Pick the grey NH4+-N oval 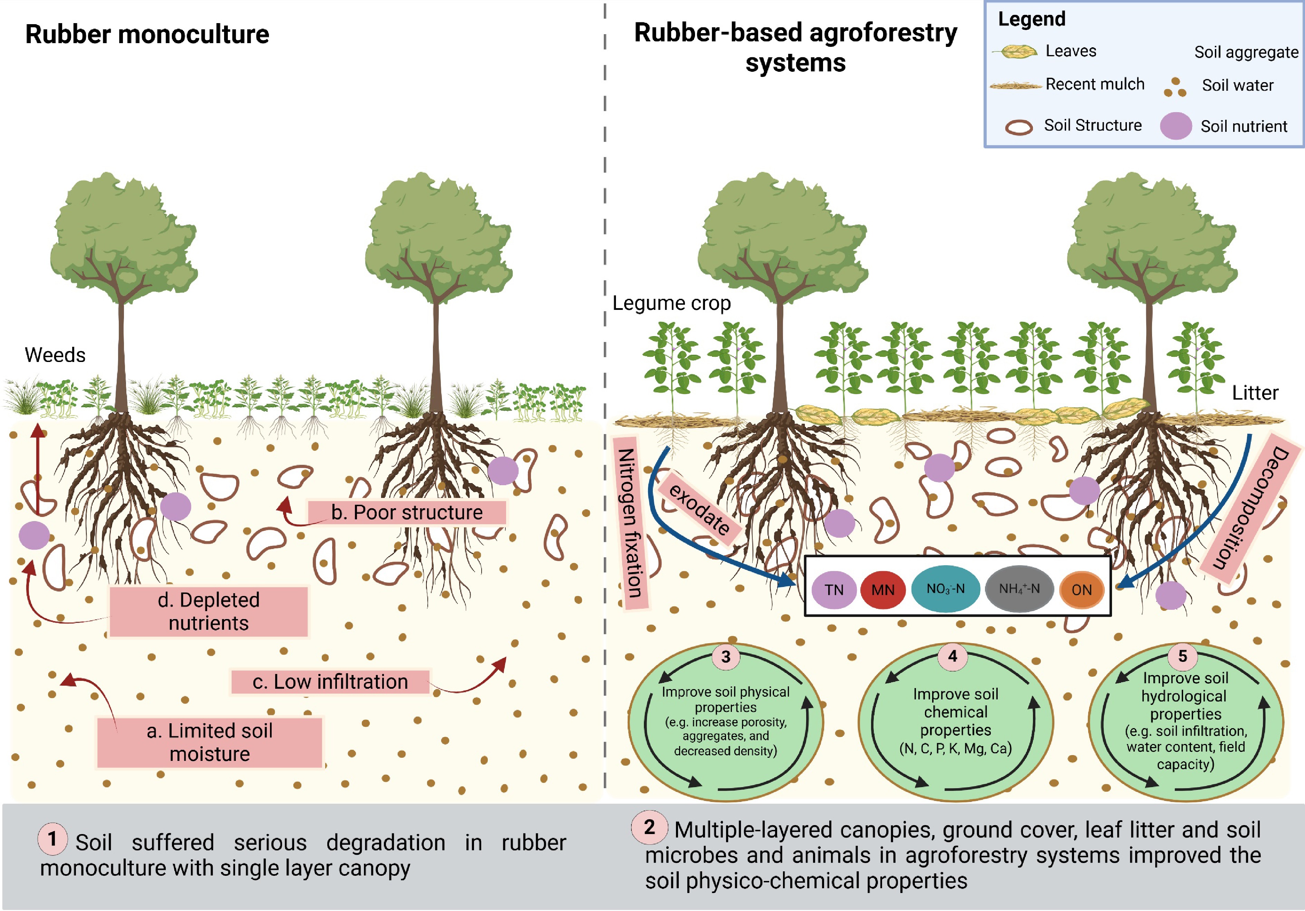coord(1019,589)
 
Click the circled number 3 coord(726,657)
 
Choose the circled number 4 coord(953,656)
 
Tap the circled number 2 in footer coord(649,827)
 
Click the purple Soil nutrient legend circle coord(1176,126)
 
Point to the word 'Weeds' coord(55,355)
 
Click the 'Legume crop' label coord(671,303)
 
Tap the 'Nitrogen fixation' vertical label coord(630,522)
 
